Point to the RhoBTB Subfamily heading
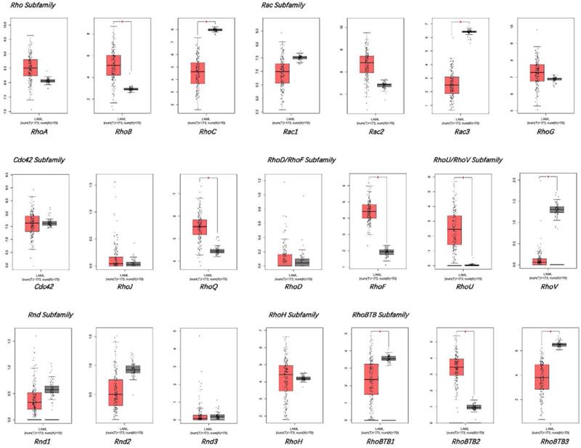pyautogui.click(x=378, y=315)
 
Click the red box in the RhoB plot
pyautogui.click(x=114, y=65)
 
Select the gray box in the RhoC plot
pyautogui.click(x=216, y=30)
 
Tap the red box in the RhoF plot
pyautogui.click(x=369, y=211)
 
